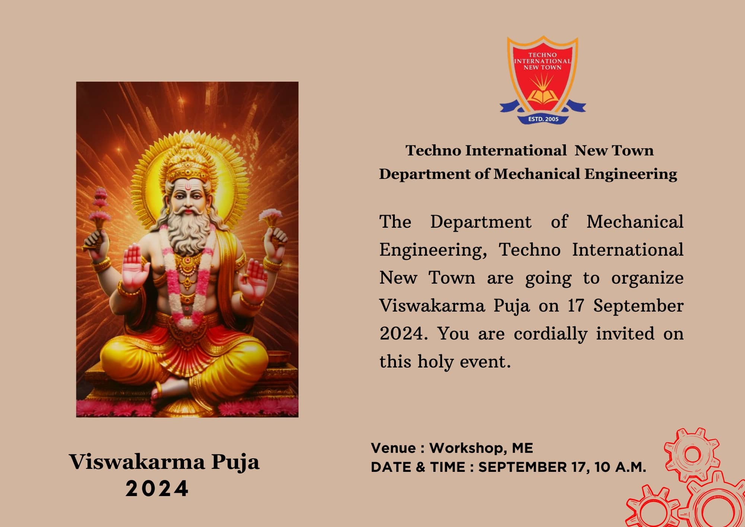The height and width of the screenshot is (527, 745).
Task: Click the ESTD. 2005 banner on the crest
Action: point(543,119)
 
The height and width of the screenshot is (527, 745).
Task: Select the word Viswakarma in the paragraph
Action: point(432,306)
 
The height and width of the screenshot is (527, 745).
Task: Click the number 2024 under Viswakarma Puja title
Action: point(157,489)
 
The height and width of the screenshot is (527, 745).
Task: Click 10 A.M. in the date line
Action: point(620,467)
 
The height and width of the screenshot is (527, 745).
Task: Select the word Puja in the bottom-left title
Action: point(235,463)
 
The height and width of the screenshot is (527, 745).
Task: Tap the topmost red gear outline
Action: point(692,454)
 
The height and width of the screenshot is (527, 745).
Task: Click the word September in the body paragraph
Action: point(638,306)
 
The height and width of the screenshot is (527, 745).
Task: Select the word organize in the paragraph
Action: point(647,278)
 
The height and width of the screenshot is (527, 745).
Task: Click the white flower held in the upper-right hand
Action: point(270,214)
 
